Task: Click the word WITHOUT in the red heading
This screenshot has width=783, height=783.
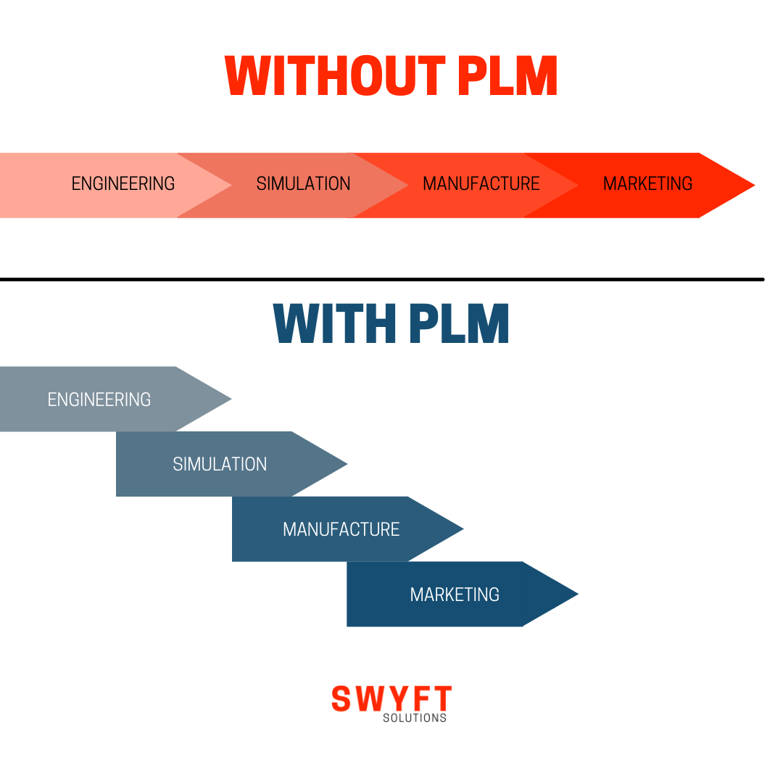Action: [x=335, y=76]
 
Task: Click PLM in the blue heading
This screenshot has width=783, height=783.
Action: [x=459, y=324]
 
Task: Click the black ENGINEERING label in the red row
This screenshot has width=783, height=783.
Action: [x=123, y=184]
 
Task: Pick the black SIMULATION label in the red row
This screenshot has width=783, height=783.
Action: [x=303, y=184]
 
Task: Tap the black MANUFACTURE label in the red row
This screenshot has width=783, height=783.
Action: [x=481, y=184]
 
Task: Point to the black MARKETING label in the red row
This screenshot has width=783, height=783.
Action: [x=647, y=184]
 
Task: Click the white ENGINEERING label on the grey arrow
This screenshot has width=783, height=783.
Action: [x=99, y=399]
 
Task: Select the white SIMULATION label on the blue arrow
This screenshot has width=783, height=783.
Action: [x=220, y=465]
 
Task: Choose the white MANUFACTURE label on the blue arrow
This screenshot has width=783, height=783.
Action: [x=341, y=530]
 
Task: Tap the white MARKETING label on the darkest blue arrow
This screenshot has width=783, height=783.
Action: [x=455, y=595]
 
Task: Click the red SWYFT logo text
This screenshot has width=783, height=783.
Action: [x=391, y=699]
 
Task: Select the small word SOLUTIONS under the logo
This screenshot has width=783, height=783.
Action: [x=415, y=718]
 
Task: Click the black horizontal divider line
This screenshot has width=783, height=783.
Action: [x=382, y=279]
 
